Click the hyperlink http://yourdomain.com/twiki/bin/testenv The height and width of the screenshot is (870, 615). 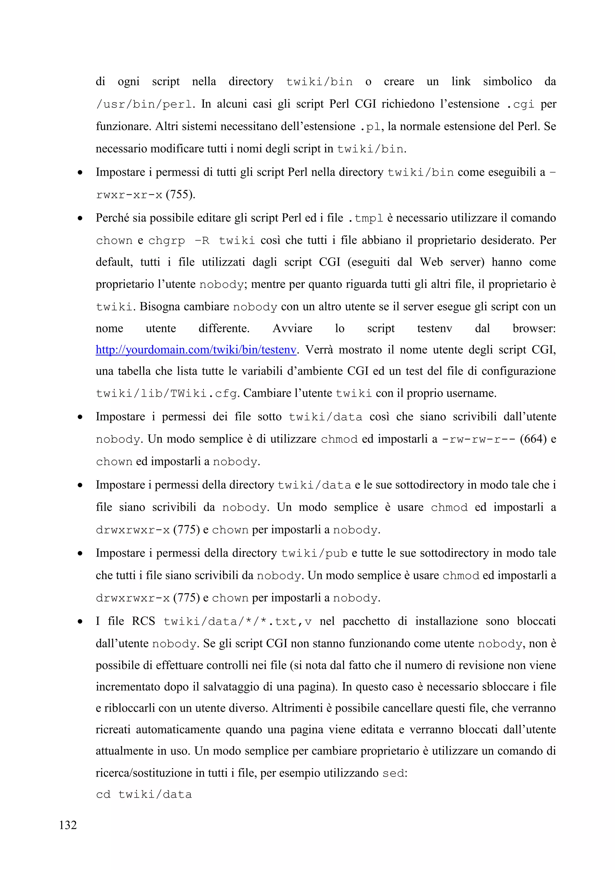click(x=195, y=350)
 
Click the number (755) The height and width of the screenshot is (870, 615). click(x=180, y=195)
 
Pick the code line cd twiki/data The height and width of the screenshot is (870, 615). click(x=144, y=795)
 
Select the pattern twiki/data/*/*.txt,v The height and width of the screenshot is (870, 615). click(x=238, y=622)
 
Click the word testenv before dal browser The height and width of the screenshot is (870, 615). click(x=434, y=328)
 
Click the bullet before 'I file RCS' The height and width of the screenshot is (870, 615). click(x=80, y=622)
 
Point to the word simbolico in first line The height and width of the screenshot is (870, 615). click(x=507, y=81)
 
